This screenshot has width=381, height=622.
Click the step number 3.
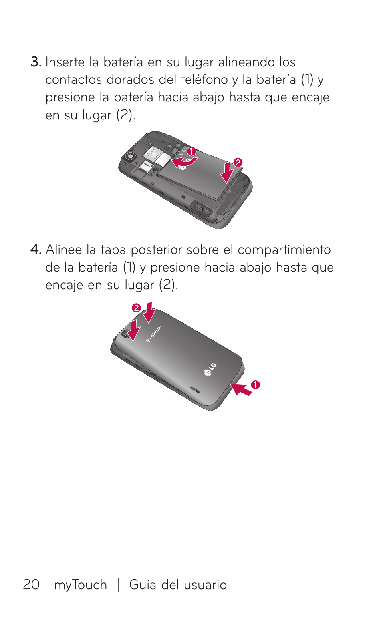click(35, 62)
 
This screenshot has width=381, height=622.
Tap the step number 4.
click(35, 250)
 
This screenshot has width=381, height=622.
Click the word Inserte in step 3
click(65, 62)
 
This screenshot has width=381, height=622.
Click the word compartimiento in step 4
click(284, 250)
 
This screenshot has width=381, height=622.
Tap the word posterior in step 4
click(155, 250)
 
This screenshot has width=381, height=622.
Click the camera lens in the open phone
click(129, 156)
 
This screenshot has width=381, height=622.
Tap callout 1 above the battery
click(192, 151)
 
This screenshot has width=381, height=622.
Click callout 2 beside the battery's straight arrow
click(238, 162)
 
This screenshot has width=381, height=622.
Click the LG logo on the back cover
click(210, 370)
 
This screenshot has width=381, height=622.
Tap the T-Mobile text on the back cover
click(154, 334)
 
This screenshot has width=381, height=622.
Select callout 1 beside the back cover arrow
click(256, 385)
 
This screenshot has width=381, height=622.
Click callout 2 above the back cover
click(136, 308)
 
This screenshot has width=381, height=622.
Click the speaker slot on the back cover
click(195, 389)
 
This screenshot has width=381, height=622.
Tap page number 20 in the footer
click(31, 584)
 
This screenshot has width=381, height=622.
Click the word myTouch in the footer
click(80, 585)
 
